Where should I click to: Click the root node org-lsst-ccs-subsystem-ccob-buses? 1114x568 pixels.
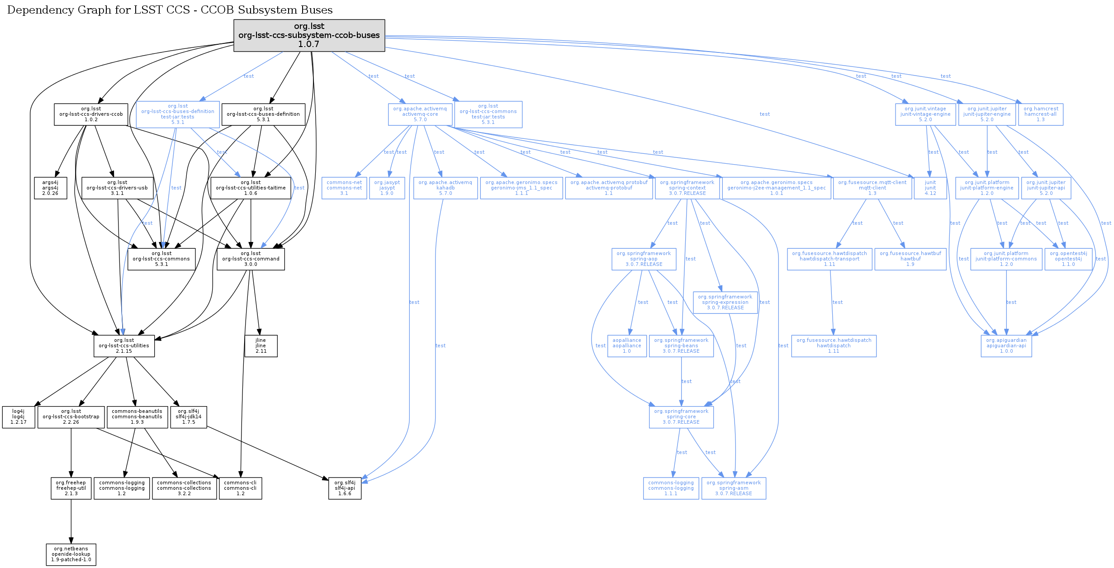309,35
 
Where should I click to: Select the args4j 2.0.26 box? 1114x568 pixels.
50,188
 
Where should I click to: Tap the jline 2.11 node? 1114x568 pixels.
261,346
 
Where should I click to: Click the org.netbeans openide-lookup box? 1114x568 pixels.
71,554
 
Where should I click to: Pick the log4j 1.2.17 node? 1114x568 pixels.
19,417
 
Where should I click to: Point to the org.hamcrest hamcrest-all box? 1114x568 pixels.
1041,114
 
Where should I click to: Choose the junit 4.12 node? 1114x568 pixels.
930,188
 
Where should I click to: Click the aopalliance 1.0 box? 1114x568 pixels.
627,346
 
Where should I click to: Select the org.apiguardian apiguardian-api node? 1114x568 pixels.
1006,346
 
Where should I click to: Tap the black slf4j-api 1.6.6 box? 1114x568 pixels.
345,488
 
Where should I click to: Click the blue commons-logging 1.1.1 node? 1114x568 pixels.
671,488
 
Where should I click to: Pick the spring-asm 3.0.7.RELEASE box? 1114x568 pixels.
734,488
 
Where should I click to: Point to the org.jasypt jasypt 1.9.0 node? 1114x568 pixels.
387,188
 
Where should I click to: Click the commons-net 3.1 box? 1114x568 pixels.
344,188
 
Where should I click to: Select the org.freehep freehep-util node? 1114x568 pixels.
71,488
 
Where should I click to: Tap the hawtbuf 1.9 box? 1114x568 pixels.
910,259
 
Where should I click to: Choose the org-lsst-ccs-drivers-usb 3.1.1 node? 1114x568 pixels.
117,188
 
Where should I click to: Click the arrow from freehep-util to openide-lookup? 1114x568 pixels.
71,521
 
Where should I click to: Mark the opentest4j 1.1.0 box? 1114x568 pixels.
1068,259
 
